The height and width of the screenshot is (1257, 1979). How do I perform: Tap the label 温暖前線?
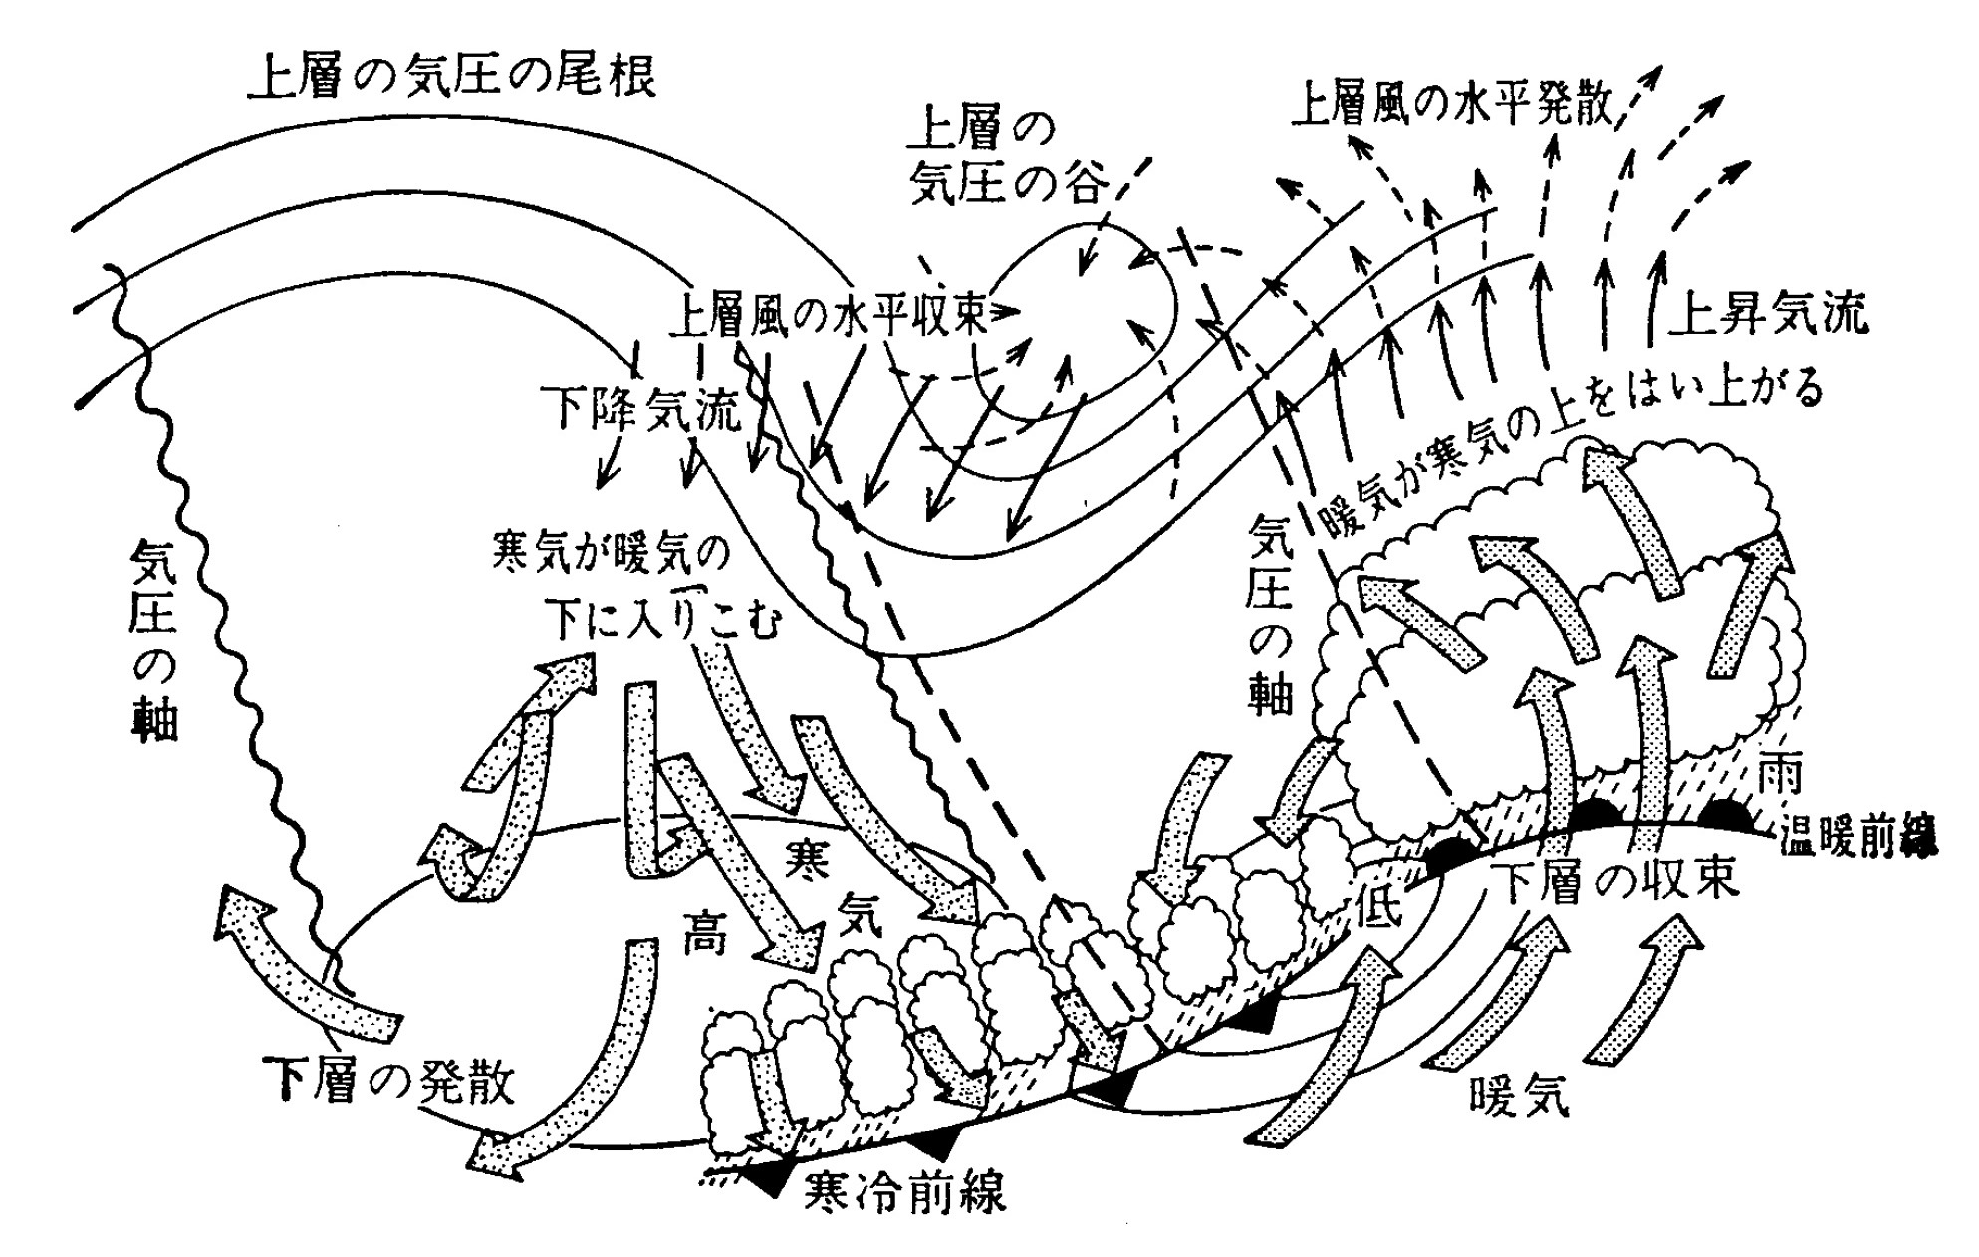[1858, 838]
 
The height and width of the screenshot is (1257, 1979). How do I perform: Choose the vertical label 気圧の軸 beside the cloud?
[1271, 614]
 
